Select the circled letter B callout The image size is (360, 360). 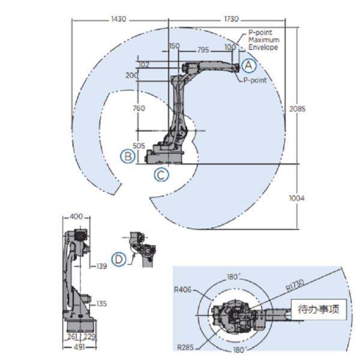point(127,156)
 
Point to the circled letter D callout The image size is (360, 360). point(120,258)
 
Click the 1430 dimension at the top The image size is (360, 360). point(119,19)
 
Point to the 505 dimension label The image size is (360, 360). point(139,145)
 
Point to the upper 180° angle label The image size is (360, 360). point(232,277)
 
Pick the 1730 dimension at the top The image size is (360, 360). point(231,19)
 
